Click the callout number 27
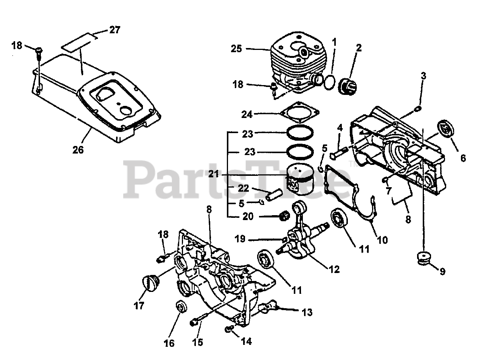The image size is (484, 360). point(115,30)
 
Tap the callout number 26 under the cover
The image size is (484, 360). point(78,149)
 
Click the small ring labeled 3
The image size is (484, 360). point(417,109)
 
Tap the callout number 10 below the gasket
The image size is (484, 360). point(382,239)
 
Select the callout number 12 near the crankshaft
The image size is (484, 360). point(334,269)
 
